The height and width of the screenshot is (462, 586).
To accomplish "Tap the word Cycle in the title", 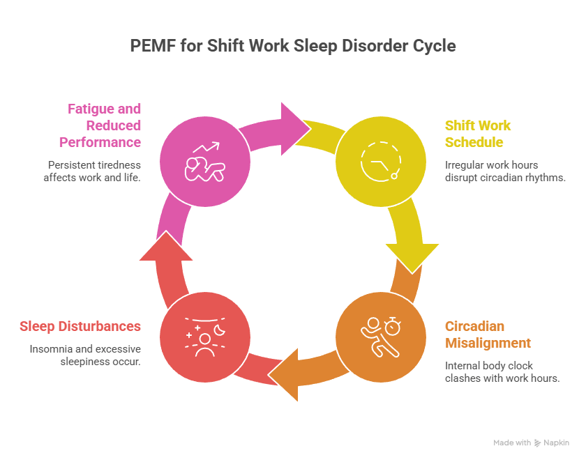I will click(434, 47).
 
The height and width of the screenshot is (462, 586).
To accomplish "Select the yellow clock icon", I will click(380, 162).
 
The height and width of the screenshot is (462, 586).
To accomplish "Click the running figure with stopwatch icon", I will click(380, 338).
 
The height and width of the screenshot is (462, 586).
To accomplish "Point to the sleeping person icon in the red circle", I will click(204, 338).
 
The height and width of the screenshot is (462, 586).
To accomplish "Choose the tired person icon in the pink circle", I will click(204, 162).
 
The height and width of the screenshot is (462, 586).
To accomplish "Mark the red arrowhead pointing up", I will click(166, 246).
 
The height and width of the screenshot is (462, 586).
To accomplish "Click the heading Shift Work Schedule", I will click(478, 134).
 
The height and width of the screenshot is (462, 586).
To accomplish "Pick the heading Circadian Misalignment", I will click(488, 334).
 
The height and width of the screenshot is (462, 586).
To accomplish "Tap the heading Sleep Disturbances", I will click(80, 326).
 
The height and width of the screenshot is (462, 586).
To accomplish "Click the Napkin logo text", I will click(557, 442).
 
